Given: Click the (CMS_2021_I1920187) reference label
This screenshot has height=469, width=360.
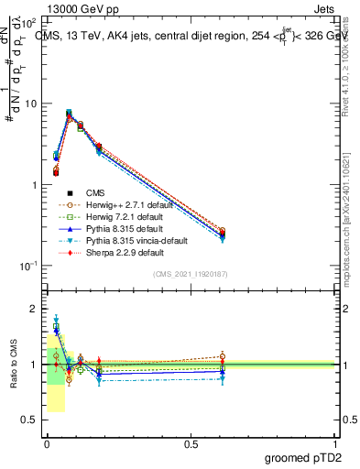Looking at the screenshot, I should (x=191, y=274).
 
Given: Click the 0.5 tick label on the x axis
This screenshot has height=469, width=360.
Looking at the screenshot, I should (x=191, y=443).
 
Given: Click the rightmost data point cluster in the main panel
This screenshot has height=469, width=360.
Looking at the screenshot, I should (x=223, y=234).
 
